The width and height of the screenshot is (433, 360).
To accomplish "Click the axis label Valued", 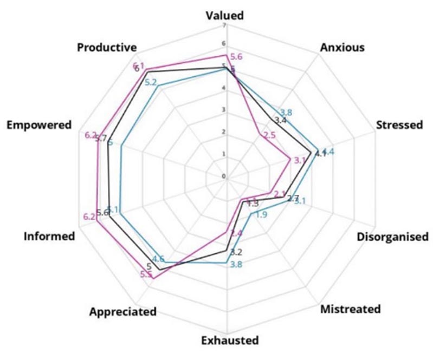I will click(x=225, y=15).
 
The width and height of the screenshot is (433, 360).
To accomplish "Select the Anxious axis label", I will click(x=342, y=47).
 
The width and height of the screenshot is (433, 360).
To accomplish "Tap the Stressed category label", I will click(x=399, y=125).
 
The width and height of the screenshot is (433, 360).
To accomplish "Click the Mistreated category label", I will click(x=350, y=310).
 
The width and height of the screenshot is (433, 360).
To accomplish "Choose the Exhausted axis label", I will click(x=227, y=341).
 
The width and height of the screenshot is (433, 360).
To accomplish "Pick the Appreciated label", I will click(x=123, y=312).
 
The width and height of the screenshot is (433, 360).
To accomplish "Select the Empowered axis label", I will click(x=39, y=125).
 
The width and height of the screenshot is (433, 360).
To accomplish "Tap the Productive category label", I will click(x=106, y=47).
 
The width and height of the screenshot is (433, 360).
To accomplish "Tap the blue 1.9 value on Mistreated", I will click(x=261, y=215).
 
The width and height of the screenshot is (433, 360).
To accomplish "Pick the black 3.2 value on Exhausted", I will click(x=236, y=252).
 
